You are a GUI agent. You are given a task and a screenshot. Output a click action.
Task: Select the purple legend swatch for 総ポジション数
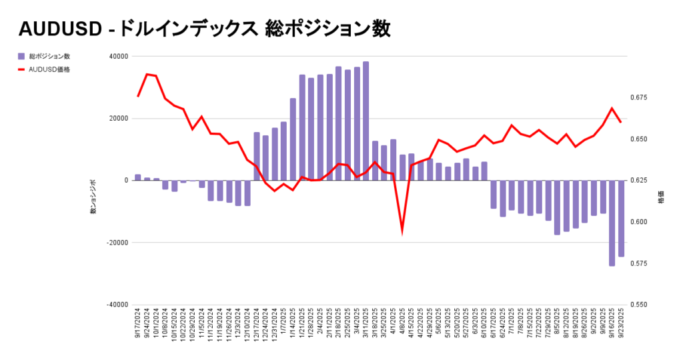click(22, 57)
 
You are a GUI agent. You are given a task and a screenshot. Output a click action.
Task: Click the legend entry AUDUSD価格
click(49, 69)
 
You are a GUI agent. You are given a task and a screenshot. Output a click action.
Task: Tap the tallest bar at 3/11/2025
click(366, 121)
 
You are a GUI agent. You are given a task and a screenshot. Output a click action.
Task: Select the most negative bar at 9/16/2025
click(612, 223)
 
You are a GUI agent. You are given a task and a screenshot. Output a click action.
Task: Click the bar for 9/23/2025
click(621, 218)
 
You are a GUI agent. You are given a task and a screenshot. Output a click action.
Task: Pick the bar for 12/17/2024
click(257, 156)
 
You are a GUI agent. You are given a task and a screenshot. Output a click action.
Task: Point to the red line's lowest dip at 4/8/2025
click(402, 231)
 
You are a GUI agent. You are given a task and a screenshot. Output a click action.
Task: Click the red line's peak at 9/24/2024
click(147, 74)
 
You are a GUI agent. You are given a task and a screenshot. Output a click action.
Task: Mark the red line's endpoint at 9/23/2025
click(621, 122)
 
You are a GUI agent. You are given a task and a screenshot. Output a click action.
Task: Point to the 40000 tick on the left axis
click(119, 57)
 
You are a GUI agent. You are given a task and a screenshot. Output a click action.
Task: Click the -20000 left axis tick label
click(117, 243)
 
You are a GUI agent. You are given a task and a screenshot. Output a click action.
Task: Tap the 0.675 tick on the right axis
click(639, 98)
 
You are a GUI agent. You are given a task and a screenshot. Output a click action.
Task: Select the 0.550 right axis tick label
click(639, 305)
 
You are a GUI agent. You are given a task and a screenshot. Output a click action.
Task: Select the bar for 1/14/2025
click(293, 139)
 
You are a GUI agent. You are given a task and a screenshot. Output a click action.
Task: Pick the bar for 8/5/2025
click(557, 207)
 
